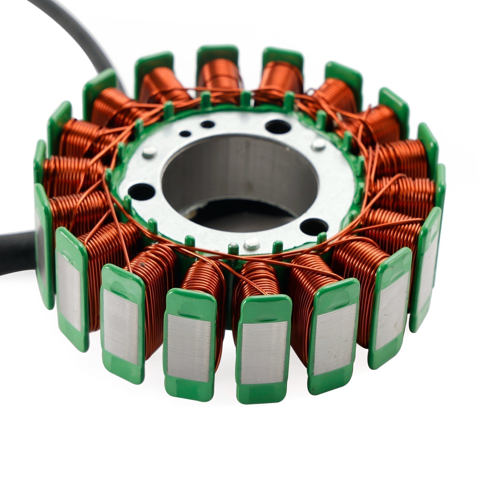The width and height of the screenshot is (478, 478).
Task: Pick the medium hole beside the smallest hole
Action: click(x=205, y=123)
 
